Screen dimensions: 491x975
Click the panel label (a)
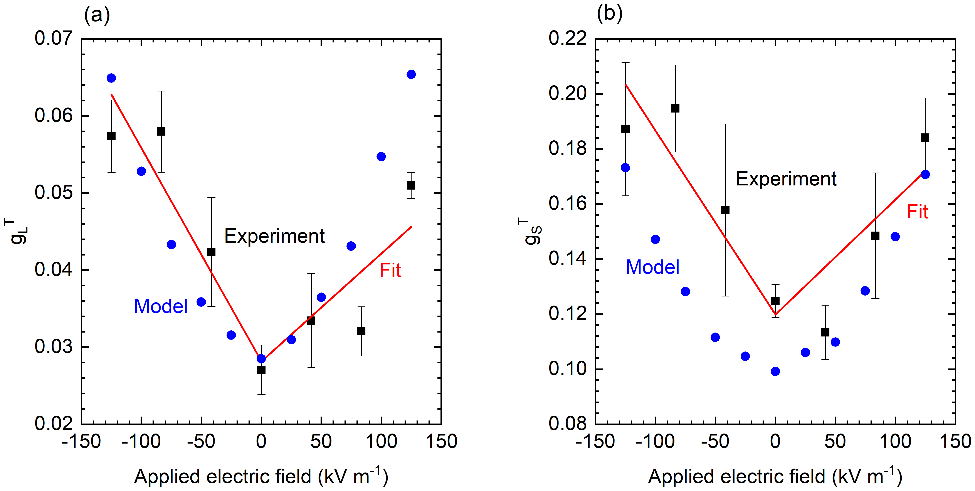pyautogui.click(x=97, y=15)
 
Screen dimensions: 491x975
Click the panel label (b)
pyautogui.click(x=609, y=14)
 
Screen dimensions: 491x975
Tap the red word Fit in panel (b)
pyautogui.click(x=917, y=212)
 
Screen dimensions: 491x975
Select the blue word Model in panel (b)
pyautogui.click(x=652, y=267)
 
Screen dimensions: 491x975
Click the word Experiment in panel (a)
pyautogui.click(x=274, y=236)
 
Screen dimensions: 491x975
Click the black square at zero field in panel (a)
pyautogui.click(x=261, y=370)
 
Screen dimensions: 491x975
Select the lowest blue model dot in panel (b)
pyautogui.click(x=775, y=371)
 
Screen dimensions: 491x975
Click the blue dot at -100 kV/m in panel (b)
pyautogui.click(x=655, y=239)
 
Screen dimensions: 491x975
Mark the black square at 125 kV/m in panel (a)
pyautogui.click(x=411, y=185)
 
